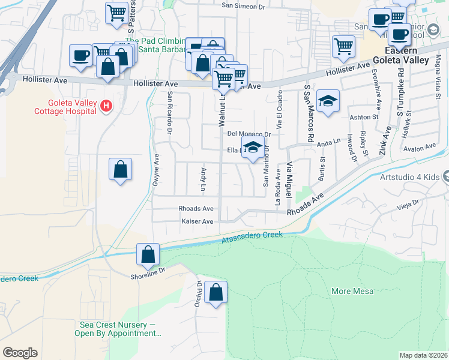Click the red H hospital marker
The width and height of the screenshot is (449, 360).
pyautogui.click(x=106, y=106)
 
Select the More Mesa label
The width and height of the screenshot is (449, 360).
pyautogui.click(x=352, y=292)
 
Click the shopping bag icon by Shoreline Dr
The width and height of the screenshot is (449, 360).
pyautogui.click(x=148, y=255)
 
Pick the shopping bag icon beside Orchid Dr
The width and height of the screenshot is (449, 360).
pyautogui.click(x=215, y=293)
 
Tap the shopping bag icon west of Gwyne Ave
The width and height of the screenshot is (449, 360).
pyautogui.click(x=121, y=170)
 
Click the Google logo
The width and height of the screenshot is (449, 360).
pyautogui.click(x=20, y=353)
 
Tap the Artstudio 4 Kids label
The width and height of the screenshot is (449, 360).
pyautogui.click(x=410, y=177)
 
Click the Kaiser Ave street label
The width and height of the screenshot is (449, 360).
pyautogui.click(x=197, y=221)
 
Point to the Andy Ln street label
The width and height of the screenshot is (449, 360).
pyautogui.click(x=203, y=176)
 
